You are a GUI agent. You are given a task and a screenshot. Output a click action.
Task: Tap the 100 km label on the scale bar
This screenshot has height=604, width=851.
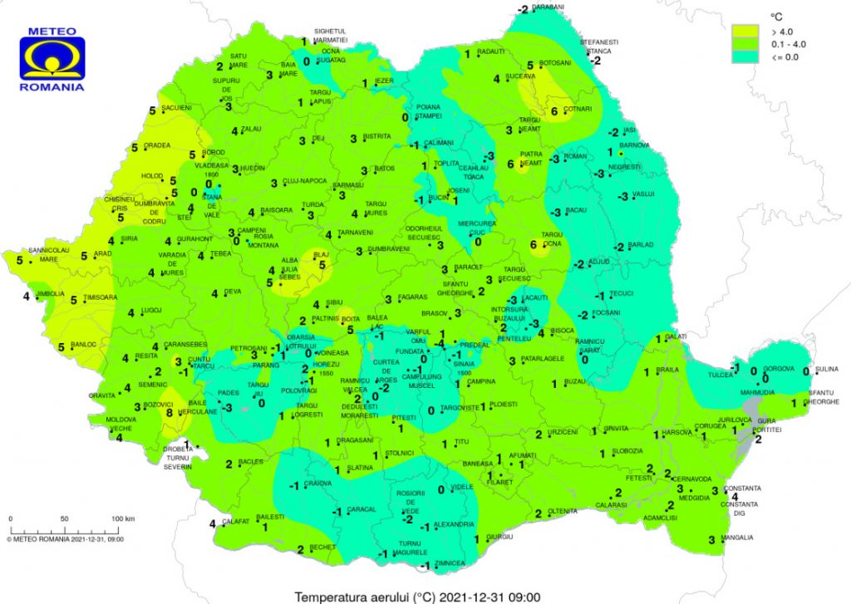click(124, 518)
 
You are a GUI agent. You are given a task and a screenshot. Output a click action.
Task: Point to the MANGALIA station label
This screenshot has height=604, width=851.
click(738, 538)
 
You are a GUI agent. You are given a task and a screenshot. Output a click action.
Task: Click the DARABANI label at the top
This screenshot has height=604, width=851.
click(548, 7)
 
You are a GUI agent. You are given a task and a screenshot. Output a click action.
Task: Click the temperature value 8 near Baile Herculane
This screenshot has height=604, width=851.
click(170, 412)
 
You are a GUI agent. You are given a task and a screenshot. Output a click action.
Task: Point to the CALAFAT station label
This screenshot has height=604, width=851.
click(234, 522)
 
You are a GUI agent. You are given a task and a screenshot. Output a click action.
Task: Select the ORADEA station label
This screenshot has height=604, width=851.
click(157, 145)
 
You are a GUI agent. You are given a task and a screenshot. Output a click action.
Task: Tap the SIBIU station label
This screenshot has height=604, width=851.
click(335, 303)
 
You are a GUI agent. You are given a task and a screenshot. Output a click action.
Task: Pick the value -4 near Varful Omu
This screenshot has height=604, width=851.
click(440, 343)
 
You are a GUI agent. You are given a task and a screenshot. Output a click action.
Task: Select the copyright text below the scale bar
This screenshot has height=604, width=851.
click(65, 538)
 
